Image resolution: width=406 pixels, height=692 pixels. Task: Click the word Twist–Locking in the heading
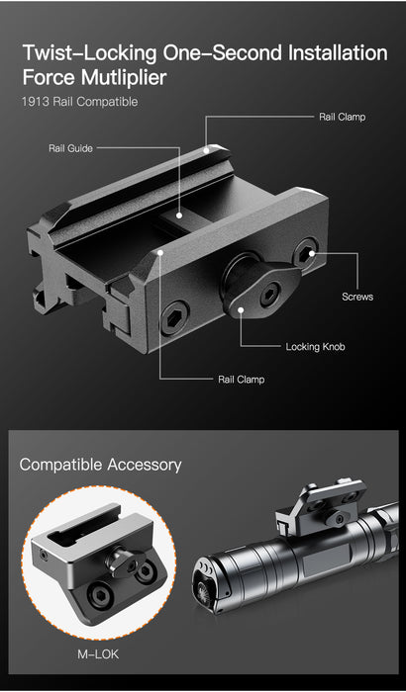point(89,53)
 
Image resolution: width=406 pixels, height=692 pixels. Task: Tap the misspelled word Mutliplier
point(124,77)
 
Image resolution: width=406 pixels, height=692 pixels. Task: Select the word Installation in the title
point(338,52)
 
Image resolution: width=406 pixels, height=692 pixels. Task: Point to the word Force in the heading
point(50,77)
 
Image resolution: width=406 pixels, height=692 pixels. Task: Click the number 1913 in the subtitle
point(35,102)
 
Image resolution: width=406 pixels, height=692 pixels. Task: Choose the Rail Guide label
point(70,148)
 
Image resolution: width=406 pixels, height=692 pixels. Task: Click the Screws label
point(357,297)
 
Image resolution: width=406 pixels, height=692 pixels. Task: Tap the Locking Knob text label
point(315,346)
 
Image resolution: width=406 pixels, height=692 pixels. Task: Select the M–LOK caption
point(98,654)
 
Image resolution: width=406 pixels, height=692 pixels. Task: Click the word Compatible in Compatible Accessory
point(60,465)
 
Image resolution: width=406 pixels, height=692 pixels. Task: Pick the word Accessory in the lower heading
point(145,466)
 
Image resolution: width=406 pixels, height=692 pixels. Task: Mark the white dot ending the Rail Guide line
point(179,216)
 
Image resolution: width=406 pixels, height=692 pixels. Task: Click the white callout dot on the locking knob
point(241,309)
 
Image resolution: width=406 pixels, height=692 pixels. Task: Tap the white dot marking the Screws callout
point(312,253)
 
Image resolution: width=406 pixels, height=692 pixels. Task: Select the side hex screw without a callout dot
point(174,317)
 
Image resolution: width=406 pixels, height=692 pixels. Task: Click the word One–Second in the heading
point(223,52)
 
